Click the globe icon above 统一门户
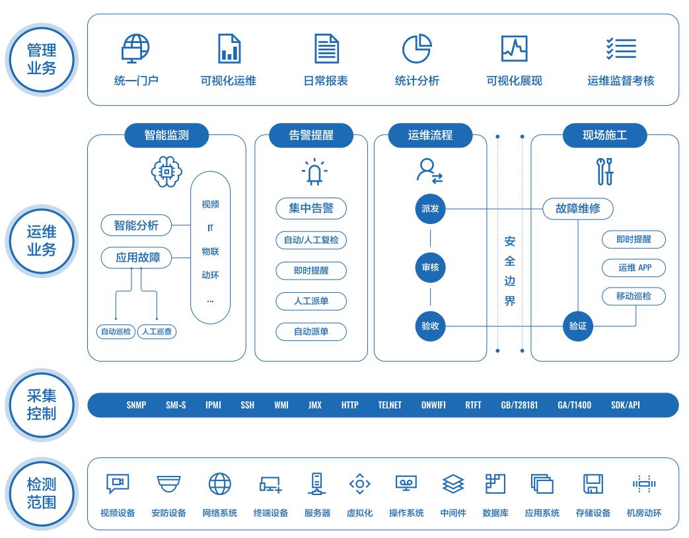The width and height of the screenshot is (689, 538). pos(136,48)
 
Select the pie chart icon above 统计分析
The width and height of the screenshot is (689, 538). pos(417,48)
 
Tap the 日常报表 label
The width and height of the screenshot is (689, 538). pos(326,81)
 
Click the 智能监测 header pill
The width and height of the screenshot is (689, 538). pos(166,135)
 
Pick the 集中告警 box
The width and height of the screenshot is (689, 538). pos(311,210)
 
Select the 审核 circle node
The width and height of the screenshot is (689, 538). pos(430,268)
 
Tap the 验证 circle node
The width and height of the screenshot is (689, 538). pos(578,326)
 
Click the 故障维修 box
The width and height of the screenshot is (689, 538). pos(578,210)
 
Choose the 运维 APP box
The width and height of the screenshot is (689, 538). pos(634,268)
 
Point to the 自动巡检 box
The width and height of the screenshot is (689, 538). pos(115,332)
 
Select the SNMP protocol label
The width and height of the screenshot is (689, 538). pos(136,405)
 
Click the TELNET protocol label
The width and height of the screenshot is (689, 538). pos(390,405)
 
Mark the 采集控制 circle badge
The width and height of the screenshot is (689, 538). pos(41,404)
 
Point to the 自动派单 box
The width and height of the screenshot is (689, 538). pos(311,332)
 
